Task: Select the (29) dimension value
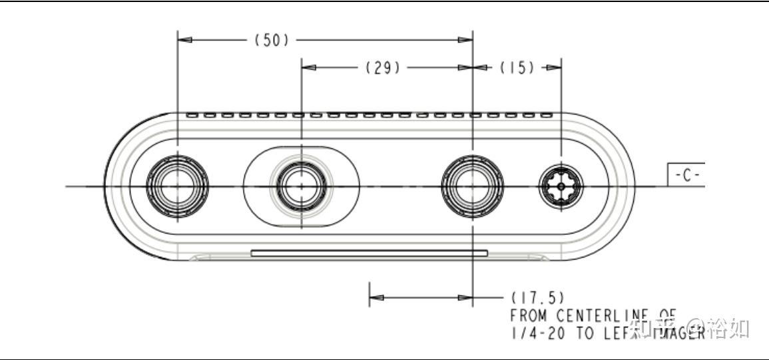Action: coord(382,67)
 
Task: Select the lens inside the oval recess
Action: coord(302,186)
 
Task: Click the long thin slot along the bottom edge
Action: coord(369,253)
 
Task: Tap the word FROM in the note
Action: coord(530,314)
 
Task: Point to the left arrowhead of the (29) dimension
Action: coord(309,67)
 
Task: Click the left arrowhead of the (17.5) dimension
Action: coord(377,297)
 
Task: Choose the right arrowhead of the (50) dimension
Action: coord(465,40)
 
